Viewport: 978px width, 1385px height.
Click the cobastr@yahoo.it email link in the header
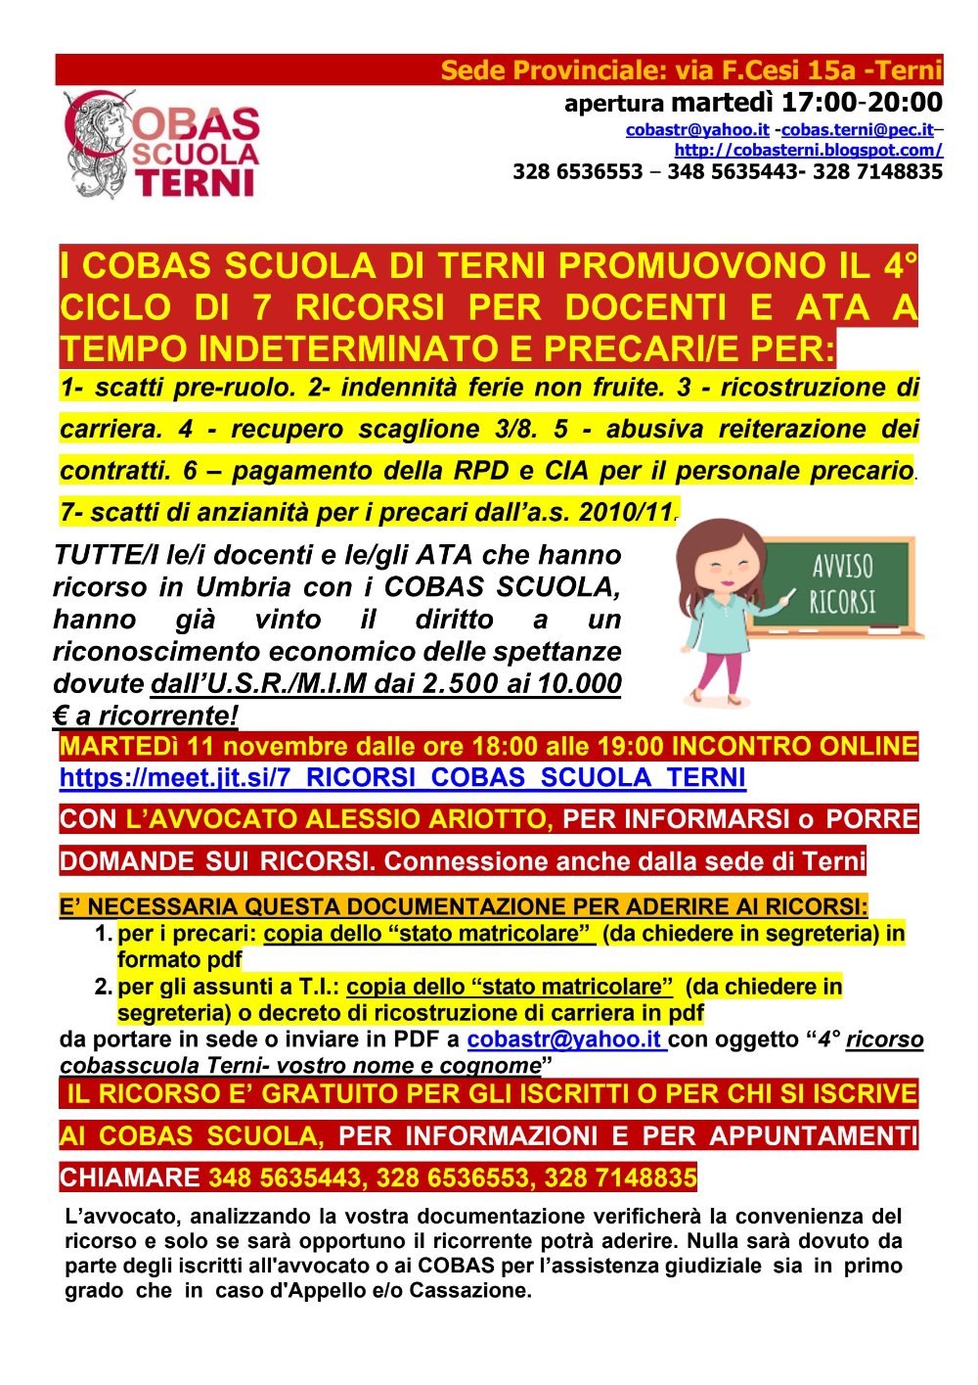[x=697, y=129]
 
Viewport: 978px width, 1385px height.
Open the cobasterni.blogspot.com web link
[x=808, y=150]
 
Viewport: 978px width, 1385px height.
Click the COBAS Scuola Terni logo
[x=161, y=144]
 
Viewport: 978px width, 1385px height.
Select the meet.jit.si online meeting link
[x=402, y=778]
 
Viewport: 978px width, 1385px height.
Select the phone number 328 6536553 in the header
[x=577, y=172]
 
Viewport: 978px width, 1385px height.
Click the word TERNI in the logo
[x=195, y=184]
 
